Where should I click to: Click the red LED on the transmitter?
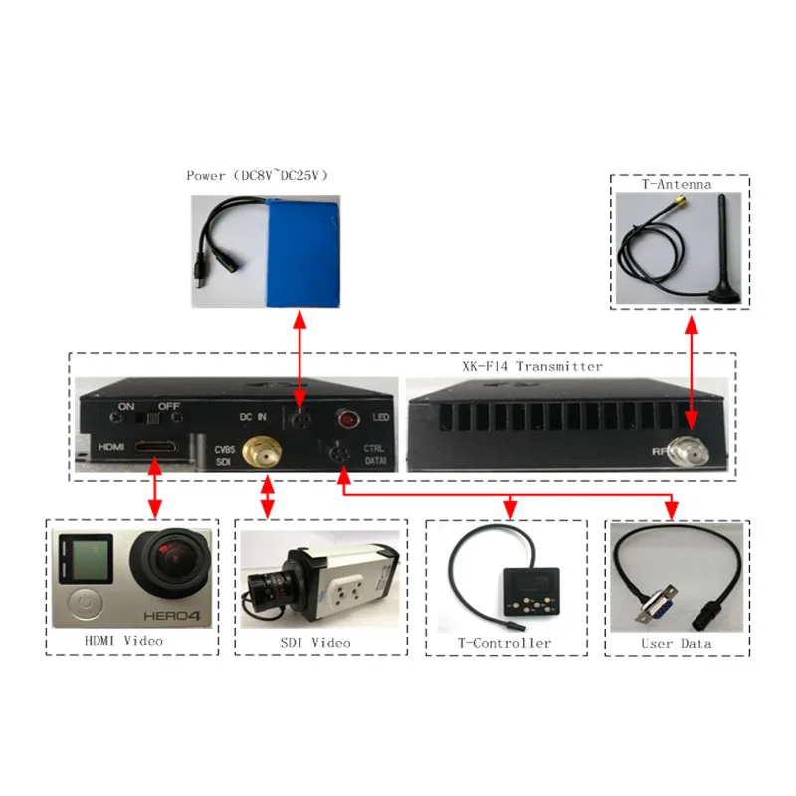click(x=348, y=417)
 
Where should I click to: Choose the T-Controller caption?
click(x=504, y=643)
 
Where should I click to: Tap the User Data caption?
click(x=677, y=644)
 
